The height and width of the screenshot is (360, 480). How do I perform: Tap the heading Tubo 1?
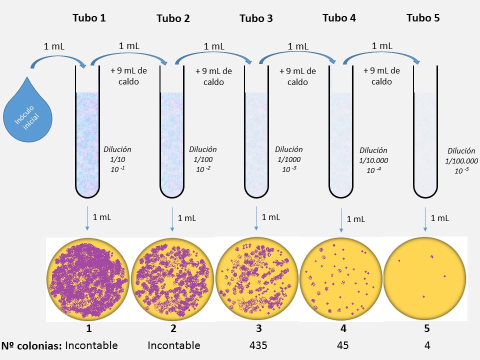point(89,18)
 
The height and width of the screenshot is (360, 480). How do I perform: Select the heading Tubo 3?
point(256,18)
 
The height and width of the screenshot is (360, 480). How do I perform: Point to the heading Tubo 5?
point(423,18)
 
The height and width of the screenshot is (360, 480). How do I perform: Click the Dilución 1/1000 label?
point(289,159)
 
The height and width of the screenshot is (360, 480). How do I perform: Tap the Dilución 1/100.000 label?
point(461,160)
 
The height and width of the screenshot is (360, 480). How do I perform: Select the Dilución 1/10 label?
point(117,159)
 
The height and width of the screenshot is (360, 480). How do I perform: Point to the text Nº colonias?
point(31,345)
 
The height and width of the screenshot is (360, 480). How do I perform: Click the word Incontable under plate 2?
point(174,345)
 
